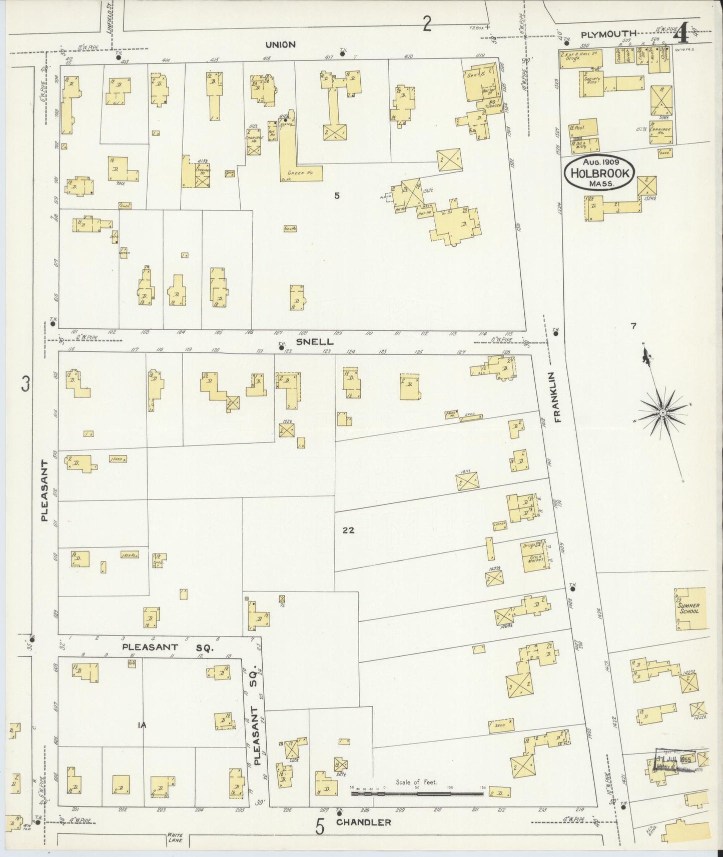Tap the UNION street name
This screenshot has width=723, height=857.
[280, 44]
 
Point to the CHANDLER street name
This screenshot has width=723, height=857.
[363, 822]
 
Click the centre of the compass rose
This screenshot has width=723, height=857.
[662, 412]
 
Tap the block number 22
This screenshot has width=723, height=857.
[348, 530]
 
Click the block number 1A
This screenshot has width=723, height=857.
[142, 724]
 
